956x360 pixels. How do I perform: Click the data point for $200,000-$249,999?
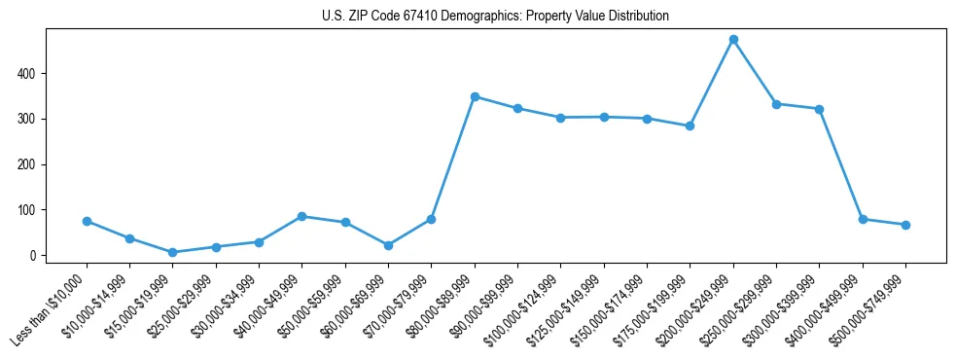pos(733,40)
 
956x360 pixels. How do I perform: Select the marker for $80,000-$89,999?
pos(475,96)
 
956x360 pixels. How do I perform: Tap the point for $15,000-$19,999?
pos(172,253)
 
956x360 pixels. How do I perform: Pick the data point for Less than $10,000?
pos(87,221)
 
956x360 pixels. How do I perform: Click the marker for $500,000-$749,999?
pos(905,225)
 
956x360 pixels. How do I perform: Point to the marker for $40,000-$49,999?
pos(301,216)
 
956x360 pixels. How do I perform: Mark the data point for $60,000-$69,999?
pos(388,245)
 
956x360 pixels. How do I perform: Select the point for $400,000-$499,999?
pos(863,219)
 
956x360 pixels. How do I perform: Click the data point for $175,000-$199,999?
pos(690,126)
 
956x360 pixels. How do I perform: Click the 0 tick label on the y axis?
pos(33,256)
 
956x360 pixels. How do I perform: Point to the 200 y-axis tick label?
pos(28,164)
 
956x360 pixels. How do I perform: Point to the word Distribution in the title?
pos(638,17)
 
